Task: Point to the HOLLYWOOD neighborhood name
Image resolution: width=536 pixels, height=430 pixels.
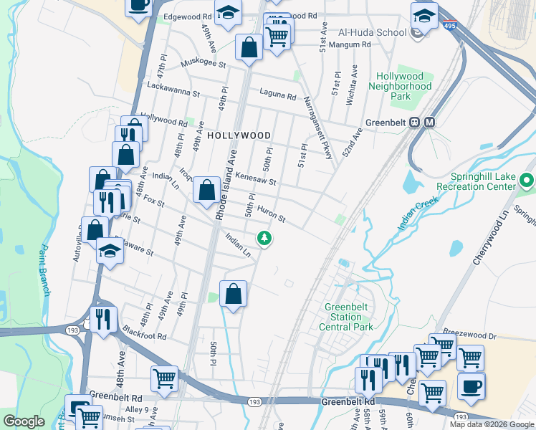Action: coord(239,135)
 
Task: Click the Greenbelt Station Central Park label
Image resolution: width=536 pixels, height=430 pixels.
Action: coord(349,317)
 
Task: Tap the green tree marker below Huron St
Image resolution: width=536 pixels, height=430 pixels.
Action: coord(264,237)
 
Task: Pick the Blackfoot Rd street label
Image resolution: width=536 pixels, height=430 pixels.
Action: coord(144,335)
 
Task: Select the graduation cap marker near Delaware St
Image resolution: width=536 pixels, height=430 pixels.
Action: coord(110,252)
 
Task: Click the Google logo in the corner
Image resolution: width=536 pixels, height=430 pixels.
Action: coord(24,421)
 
